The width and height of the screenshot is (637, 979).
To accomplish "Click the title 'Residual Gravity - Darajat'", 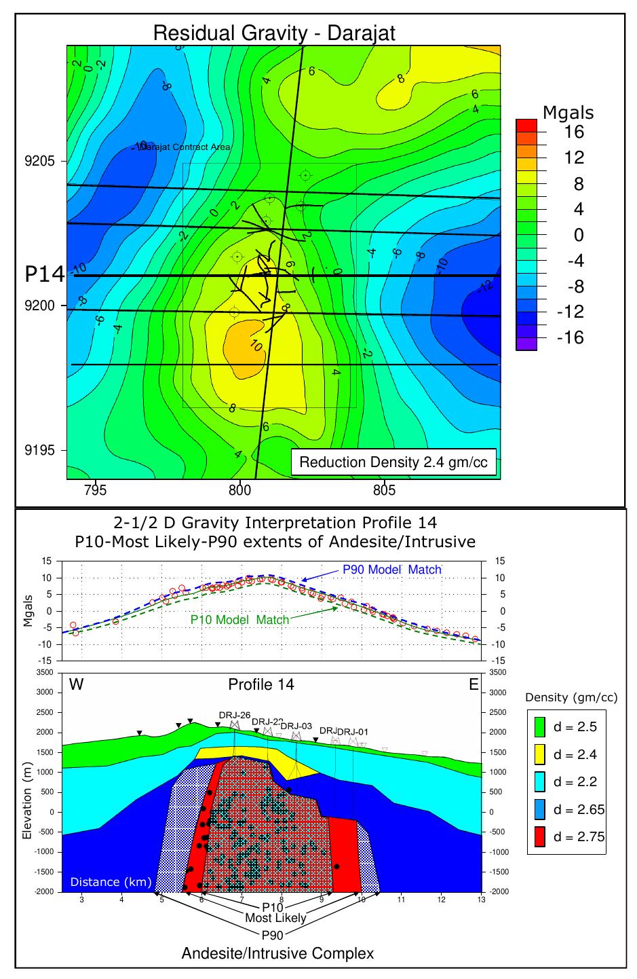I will pyautogui.click(x=273, y=33).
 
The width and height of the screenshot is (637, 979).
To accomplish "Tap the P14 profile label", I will pyautogui.click(x=44, y=274).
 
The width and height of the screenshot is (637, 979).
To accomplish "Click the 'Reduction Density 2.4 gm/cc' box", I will pyautogui.click(x=393, y=463).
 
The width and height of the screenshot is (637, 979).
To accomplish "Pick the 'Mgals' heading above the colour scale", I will pyautogui.click(x=568, y=113).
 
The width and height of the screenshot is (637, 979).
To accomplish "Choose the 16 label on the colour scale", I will pyautogui.click(x=574, y=132).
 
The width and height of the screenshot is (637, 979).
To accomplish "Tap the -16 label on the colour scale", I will pyautogui.click(x=570, y=338).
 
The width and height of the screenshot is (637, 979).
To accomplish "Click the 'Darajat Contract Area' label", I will pyautogui.click(x=185, y=147).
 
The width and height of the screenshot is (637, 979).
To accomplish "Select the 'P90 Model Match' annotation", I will pyautogui.click(x=391, y=570).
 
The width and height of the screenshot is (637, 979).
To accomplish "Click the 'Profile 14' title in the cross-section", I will pyautogui.click(x=261, y=684).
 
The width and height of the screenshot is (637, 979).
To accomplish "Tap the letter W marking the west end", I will pyautogui.click(x=77, y=684).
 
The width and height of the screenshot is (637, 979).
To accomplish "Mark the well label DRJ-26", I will pyautogui.click(x=235, y=715).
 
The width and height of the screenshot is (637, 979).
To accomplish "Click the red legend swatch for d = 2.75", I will pyautogui.click(x=540, y=836).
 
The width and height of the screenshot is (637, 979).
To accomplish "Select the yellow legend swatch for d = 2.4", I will pyautogui.click(x=540, y=754).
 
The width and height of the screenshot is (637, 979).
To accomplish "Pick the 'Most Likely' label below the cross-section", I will pyautogui.click(x=275, y=918).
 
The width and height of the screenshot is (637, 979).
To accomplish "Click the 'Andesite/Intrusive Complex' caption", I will pyautogui.click(x=277, y=953).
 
